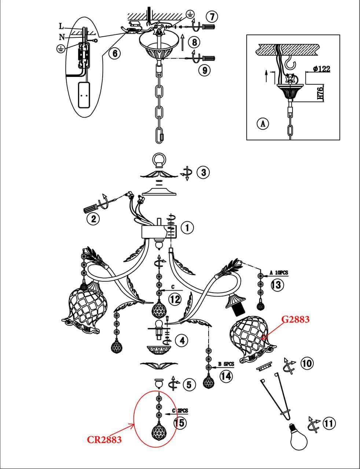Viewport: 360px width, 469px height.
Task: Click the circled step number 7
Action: click(212, 16)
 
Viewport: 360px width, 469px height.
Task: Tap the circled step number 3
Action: click(203, 172)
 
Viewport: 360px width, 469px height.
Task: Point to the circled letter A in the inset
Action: click(263, 123)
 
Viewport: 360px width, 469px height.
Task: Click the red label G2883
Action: click(295, 320)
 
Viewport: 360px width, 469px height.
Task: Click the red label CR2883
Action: click(104, 440)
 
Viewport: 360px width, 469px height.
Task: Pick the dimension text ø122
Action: click(322, 69)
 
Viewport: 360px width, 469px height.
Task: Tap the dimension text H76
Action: click(320, 93)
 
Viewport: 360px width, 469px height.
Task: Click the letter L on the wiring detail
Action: click(61, 26)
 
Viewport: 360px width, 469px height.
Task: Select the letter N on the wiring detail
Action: click(62, 37)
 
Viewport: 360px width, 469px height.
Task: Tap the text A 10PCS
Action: click(279, 273)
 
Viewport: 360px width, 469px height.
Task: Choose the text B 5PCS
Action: click(226, 364)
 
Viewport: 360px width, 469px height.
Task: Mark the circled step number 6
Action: click(114, 53)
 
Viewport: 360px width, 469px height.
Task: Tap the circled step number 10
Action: click(306, 363)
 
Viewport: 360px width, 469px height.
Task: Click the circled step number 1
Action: click(187, 228)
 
